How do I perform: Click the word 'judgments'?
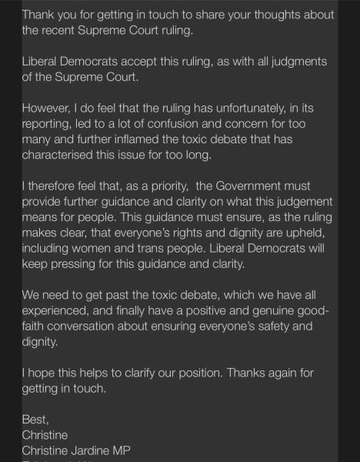coord(294,62)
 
